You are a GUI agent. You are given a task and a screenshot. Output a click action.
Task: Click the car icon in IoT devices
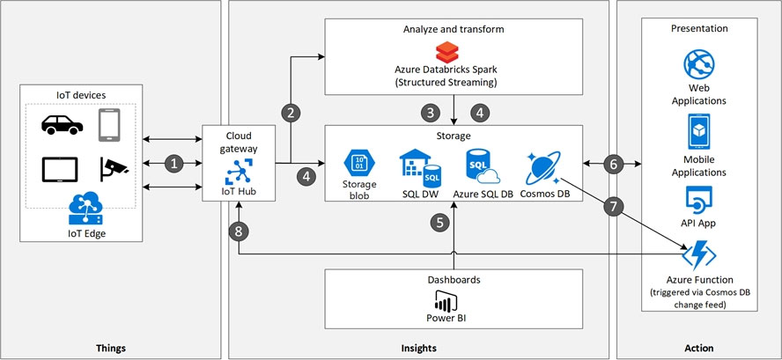click(62, 125)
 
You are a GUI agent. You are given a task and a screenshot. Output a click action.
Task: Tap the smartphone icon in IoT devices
click(108, 125)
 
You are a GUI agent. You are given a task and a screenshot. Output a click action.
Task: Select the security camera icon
click(114, 168)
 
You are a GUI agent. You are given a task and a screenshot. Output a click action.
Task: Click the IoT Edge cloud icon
click(85, 209)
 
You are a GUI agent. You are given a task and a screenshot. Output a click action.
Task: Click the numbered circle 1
click(173, 163)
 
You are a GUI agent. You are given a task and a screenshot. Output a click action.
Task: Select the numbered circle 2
click(291, 113)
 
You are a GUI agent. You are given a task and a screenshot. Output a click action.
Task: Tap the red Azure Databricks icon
click(446, 52)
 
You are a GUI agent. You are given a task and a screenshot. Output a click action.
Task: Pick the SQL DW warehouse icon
click(420, 168)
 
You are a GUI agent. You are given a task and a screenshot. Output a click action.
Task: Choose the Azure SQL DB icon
click(483, 166)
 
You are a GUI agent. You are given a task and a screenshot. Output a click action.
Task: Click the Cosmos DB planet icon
click(543, 167)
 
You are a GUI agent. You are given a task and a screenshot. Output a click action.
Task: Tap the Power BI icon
click(446, 300)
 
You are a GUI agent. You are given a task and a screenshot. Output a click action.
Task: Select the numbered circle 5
click(439, 223)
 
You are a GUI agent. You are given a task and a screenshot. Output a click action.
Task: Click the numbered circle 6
click(613, 164)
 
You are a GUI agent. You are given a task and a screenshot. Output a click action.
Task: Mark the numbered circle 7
click(613, 207)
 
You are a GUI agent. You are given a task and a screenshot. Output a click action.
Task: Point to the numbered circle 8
click(239, 231)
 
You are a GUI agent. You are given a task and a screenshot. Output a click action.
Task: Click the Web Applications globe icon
click(698, 64)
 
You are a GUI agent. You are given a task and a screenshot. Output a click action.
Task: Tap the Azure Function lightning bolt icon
click(698, 255)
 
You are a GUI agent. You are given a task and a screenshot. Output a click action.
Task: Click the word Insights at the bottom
click(418, 348)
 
